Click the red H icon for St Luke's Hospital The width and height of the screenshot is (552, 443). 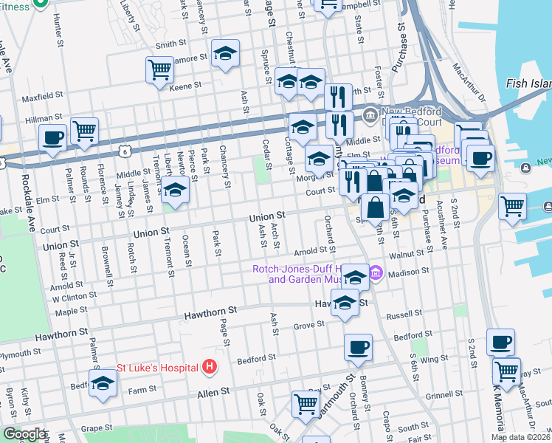coord(210,366)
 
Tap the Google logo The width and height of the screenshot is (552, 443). coord(24,433)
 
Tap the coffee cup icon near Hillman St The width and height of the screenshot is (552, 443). coord(53,137)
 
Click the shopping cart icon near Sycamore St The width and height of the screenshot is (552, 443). coord(159,70)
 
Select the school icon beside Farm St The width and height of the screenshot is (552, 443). coord(103,383)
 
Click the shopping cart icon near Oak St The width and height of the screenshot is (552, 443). coord(306,404)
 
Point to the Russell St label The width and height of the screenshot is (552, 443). coord(403,314)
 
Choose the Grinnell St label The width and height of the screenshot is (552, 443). coord(443,395)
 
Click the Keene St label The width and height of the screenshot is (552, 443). coord(185,86)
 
